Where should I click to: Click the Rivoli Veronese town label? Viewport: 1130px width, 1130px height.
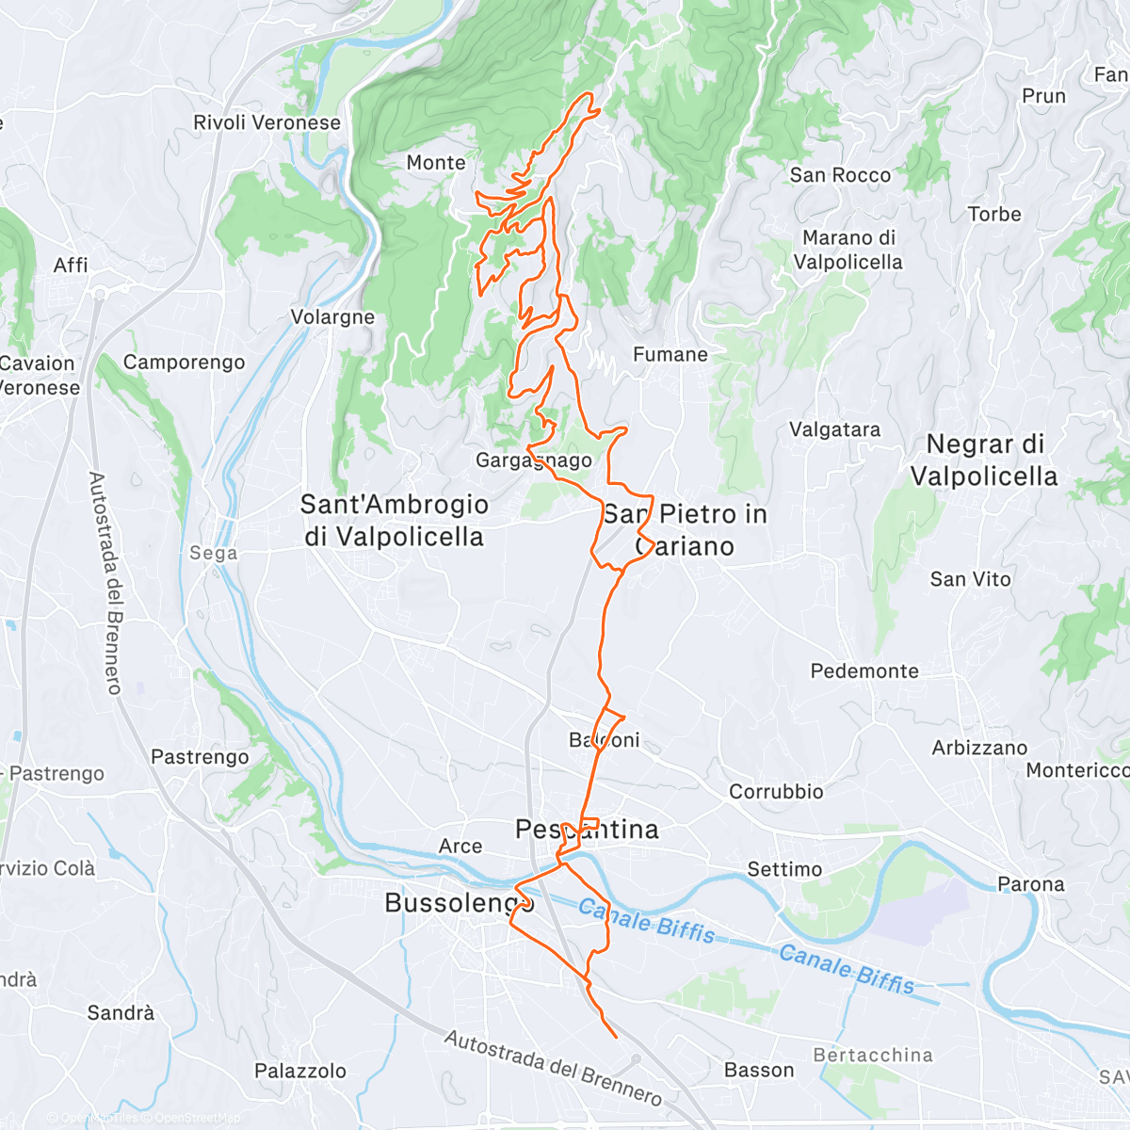[x=266, y=122]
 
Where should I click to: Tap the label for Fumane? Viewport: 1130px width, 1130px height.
[x=670, y=355]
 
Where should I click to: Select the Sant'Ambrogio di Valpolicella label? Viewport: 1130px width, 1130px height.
[x=394, y=521]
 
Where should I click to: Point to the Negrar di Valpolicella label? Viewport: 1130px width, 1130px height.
[x=985, y=460]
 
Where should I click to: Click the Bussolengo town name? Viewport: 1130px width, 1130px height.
[x=459, y=903]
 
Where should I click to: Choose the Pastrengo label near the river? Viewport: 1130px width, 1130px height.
[x=200, y=757]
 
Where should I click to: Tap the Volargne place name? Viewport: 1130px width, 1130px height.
[x=332, y=317]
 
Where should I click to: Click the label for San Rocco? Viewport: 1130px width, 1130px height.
[x=840, y=175]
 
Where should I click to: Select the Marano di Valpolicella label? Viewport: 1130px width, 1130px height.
[x=848, y=250]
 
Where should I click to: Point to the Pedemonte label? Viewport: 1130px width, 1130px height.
[x=864, y=671]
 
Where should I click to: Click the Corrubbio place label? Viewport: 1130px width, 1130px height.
[x=776, y=792]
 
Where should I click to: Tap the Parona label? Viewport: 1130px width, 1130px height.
[x=1030, y=884]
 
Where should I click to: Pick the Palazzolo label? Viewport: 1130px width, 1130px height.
[x=300, y=1071]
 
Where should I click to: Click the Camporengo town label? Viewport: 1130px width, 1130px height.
[x=184, y=363]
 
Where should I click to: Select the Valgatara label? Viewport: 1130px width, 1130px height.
[x=834, y=429]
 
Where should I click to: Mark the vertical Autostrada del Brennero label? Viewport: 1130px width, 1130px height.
[x=105, y=583]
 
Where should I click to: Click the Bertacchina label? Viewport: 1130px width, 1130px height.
[x=872, y=1056]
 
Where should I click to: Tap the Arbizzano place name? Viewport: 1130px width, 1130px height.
[x=979, y=748]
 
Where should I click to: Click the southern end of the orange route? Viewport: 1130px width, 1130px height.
[x=616, y=1037]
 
